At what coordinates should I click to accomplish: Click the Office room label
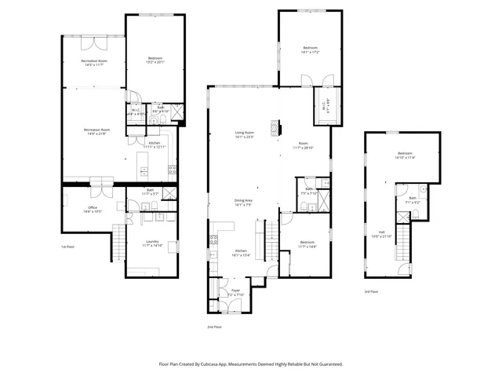point(93,208)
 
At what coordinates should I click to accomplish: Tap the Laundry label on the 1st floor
point(151,243)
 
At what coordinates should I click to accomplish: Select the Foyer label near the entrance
point(235,291)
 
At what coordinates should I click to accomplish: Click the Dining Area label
point(243,201)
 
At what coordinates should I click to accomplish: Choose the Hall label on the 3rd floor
point(382,233)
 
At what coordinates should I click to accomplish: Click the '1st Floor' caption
point(68,247)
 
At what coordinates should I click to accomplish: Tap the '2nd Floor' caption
point(214,326)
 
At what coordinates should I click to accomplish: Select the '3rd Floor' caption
point(372,291)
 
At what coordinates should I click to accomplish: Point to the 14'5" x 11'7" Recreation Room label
point(93,62)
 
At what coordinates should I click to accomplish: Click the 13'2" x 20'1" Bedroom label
point(154,60)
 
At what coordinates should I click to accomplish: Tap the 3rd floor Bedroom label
point(405,155)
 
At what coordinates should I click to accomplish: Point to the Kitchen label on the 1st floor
point(155,145)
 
